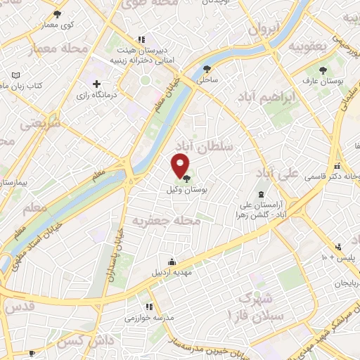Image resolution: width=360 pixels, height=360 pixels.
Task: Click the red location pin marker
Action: coord(181,165)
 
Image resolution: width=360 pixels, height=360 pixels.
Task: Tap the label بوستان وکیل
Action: coord(182,190)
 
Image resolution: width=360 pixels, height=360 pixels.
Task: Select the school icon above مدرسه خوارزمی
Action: coord(148,307)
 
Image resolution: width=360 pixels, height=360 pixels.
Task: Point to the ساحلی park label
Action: coord(207,80)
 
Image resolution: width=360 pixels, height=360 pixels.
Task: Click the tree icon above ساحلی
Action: coord(207,69)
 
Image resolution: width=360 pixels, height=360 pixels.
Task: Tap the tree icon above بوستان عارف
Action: coord(323,70)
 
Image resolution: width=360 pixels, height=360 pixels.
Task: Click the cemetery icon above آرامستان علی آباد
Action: coord(262,193)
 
